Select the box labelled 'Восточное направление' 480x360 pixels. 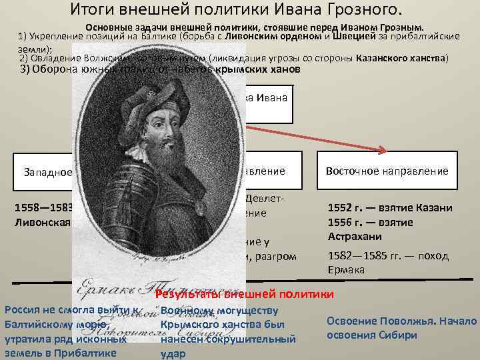pos(387,171)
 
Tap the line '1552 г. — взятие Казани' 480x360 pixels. pos(390,208)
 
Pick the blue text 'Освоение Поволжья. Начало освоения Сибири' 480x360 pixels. pos(401,328)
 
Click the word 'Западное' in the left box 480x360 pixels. pos(47,172)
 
